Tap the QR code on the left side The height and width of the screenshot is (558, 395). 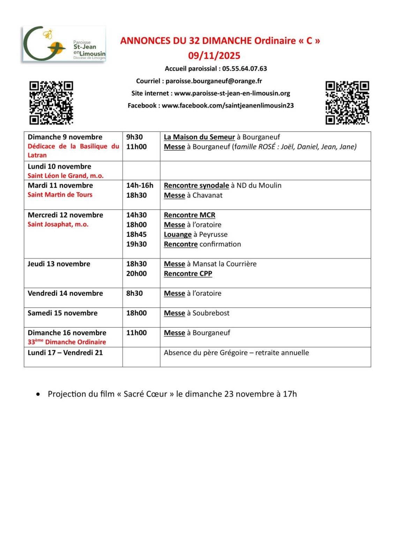[51, 103]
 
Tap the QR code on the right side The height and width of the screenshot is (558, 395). [347, 103]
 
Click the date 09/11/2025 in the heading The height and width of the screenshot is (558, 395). [214, 56]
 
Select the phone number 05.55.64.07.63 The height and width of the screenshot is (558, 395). [245, 69]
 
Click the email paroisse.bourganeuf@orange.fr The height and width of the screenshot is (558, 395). [214, 81]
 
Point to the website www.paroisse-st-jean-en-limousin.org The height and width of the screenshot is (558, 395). [232, 93]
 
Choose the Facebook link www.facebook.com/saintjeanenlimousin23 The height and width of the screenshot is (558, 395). [228, 106]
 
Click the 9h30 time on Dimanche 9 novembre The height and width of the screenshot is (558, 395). [134, 137]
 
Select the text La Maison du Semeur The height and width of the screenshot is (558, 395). [199, 137]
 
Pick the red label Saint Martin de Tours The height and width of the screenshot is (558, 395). [60, 195]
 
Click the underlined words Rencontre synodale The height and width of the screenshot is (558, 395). [196, 186]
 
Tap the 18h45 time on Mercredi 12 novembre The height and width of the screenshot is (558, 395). [136, 234]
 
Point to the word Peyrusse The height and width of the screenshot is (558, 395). [213, 234]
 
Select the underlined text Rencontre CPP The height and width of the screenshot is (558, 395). [188, 274]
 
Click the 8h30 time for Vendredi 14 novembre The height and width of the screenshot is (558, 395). [134, 293]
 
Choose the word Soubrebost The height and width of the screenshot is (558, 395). [211, 313]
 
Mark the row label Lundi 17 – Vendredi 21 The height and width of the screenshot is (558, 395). [65, 353]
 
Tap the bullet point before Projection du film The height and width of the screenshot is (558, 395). [38, 394]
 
